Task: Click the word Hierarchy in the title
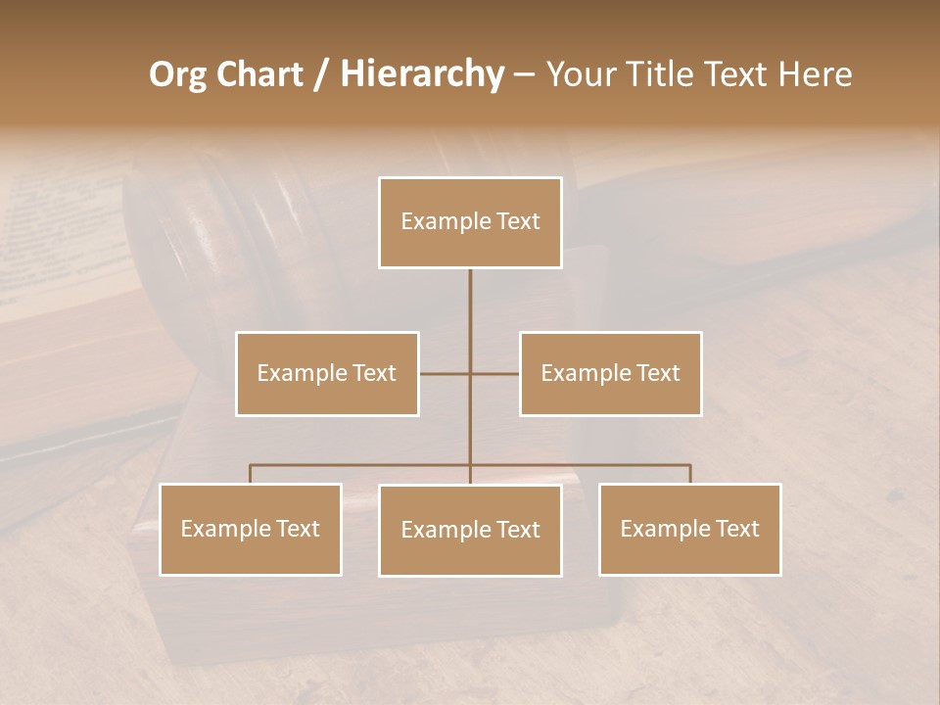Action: pyautogui.click(x=421, y=74)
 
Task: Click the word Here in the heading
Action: pyautogui.click(x=814, y=74)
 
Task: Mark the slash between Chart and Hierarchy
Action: pyautogui.click(x=321, y=74)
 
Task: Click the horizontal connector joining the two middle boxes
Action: pyautogui.click(x=446, y=373)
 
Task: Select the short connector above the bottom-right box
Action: pyautogui.click(x=690, y=474)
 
